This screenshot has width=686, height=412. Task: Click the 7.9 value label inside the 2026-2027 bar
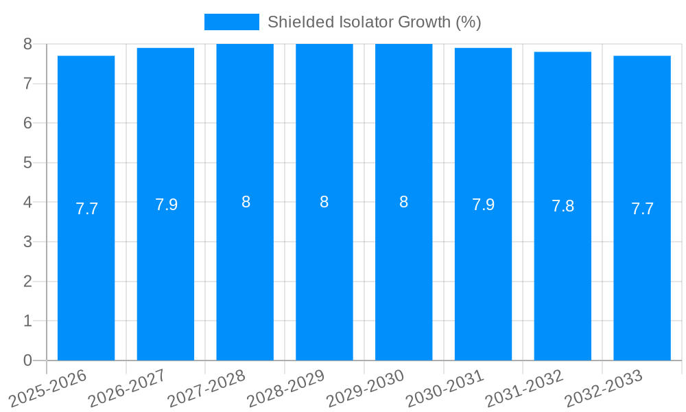point(166,205)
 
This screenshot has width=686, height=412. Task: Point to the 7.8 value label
point(563,206)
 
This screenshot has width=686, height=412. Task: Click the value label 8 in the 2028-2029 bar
point(324,202)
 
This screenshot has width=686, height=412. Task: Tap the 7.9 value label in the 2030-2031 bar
point(483,205)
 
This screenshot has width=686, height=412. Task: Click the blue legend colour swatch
point(231,22)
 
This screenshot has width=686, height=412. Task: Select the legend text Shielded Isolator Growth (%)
point(374,22)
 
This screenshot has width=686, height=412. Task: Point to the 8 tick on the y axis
point(27,44)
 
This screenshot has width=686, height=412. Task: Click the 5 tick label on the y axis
point(27,163)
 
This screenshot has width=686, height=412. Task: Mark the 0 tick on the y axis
point(27,360)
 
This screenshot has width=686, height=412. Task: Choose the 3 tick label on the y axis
point(27,242)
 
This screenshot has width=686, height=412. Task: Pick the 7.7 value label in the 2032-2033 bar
point(642,209)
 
